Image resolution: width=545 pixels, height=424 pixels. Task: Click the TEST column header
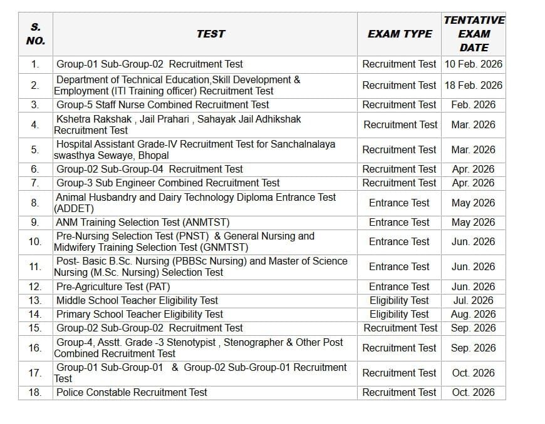pos(210,34)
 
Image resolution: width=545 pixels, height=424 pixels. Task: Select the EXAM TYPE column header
pos(400,34)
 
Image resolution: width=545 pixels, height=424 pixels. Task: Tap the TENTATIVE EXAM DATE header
pos(474,34)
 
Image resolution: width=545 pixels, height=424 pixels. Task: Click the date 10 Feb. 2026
pos(474,64)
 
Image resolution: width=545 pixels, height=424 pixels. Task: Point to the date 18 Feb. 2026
pos(474,85)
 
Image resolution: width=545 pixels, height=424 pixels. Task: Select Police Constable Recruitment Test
pos(132,392)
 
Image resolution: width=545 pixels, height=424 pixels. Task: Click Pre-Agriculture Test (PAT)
pos(113,286)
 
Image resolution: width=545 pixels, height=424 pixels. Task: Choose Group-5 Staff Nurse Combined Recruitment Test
pos(162,104)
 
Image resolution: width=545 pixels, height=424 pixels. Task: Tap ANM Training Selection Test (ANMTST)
pos(143,222)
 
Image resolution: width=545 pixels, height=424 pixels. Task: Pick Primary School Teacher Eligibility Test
pos(139,314)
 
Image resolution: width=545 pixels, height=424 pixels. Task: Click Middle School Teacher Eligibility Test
pos(137,300)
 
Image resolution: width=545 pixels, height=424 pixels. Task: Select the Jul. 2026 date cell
pos(474,300)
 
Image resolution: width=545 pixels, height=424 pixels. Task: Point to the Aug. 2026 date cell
pos(474,314)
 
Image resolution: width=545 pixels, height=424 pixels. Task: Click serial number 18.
pos(35,392)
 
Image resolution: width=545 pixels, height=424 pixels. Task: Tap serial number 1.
pos(35,64)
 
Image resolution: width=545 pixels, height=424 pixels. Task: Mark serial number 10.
pos(35,241)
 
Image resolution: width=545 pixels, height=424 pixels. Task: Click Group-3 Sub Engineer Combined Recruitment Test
pos(168,183)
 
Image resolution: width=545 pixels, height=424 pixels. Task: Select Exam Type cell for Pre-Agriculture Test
pos(399,286)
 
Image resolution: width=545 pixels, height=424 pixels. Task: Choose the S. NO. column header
pos(35,34)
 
